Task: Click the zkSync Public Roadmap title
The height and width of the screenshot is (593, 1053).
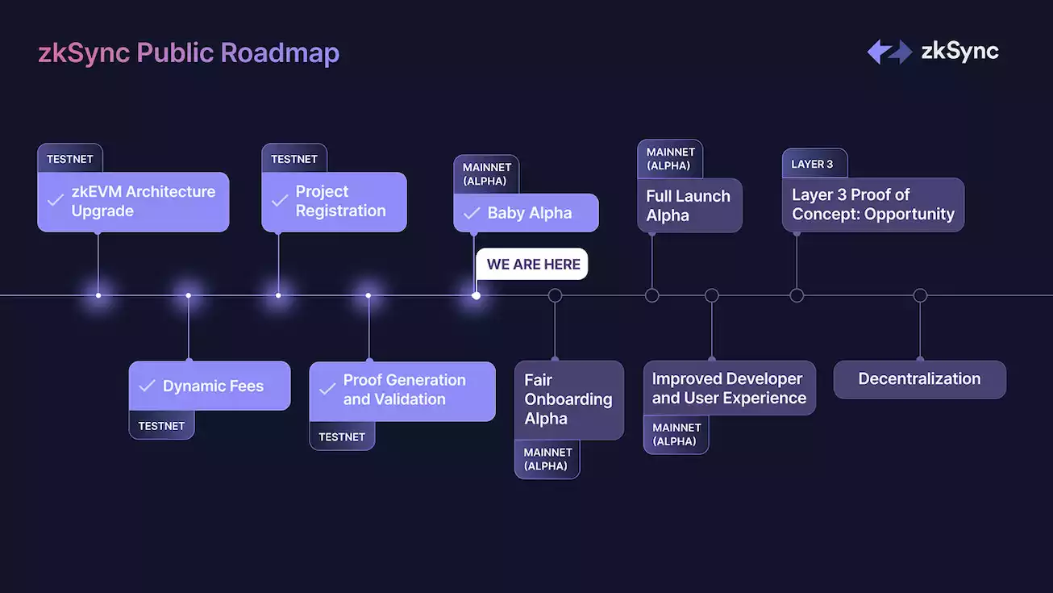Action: [x=189, y=53]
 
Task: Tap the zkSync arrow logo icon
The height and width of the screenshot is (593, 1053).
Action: [x=889, y=52]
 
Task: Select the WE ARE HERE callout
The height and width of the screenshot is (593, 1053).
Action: [x=533, y=264]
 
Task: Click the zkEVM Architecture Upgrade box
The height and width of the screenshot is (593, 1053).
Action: [x=133, y=202]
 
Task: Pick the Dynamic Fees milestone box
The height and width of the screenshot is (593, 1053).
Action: [x=210, y=386]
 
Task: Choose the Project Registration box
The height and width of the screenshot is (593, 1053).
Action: [x=334, y=202]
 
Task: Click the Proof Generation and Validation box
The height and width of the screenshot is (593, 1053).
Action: [x=402, y=390]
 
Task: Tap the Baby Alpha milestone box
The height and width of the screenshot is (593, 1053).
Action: [x=526, y=213]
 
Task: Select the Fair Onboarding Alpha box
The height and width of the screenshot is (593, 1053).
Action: [x=568, y=399]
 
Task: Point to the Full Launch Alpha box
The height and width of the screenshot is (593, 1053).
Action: [x=689, y=206]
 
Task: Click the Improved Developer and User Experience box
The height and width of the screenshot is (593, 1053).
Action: [x=729, y=388]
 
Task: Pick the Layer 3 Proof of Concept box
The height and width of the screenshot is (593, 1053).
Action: [x=873, y=205]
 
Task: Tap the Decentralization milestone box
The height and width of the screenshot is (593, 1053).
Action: [x=919, y=379]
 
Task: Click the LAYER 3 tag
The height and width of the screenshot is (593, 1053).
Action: [x=813, y=164]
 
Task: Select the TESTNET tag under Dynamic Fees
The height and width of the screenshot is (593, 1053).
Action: [x=161, y=425]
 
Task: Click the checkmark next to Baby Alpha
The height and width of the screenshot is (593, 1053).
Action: [x=472, y=213]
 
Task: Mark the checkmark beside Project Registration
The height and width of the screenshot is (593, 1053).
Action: [x=280, y=200]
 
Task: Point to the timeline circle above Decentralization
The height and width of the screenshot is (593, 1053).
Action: [x=920, y=295]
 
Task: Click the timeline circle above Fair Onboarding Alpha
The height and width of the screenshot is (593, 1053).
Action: [x=555, y=295]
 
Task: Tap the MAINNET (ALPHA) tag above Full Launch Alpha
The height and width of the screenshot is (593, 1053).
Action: [x=670, y=158]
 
